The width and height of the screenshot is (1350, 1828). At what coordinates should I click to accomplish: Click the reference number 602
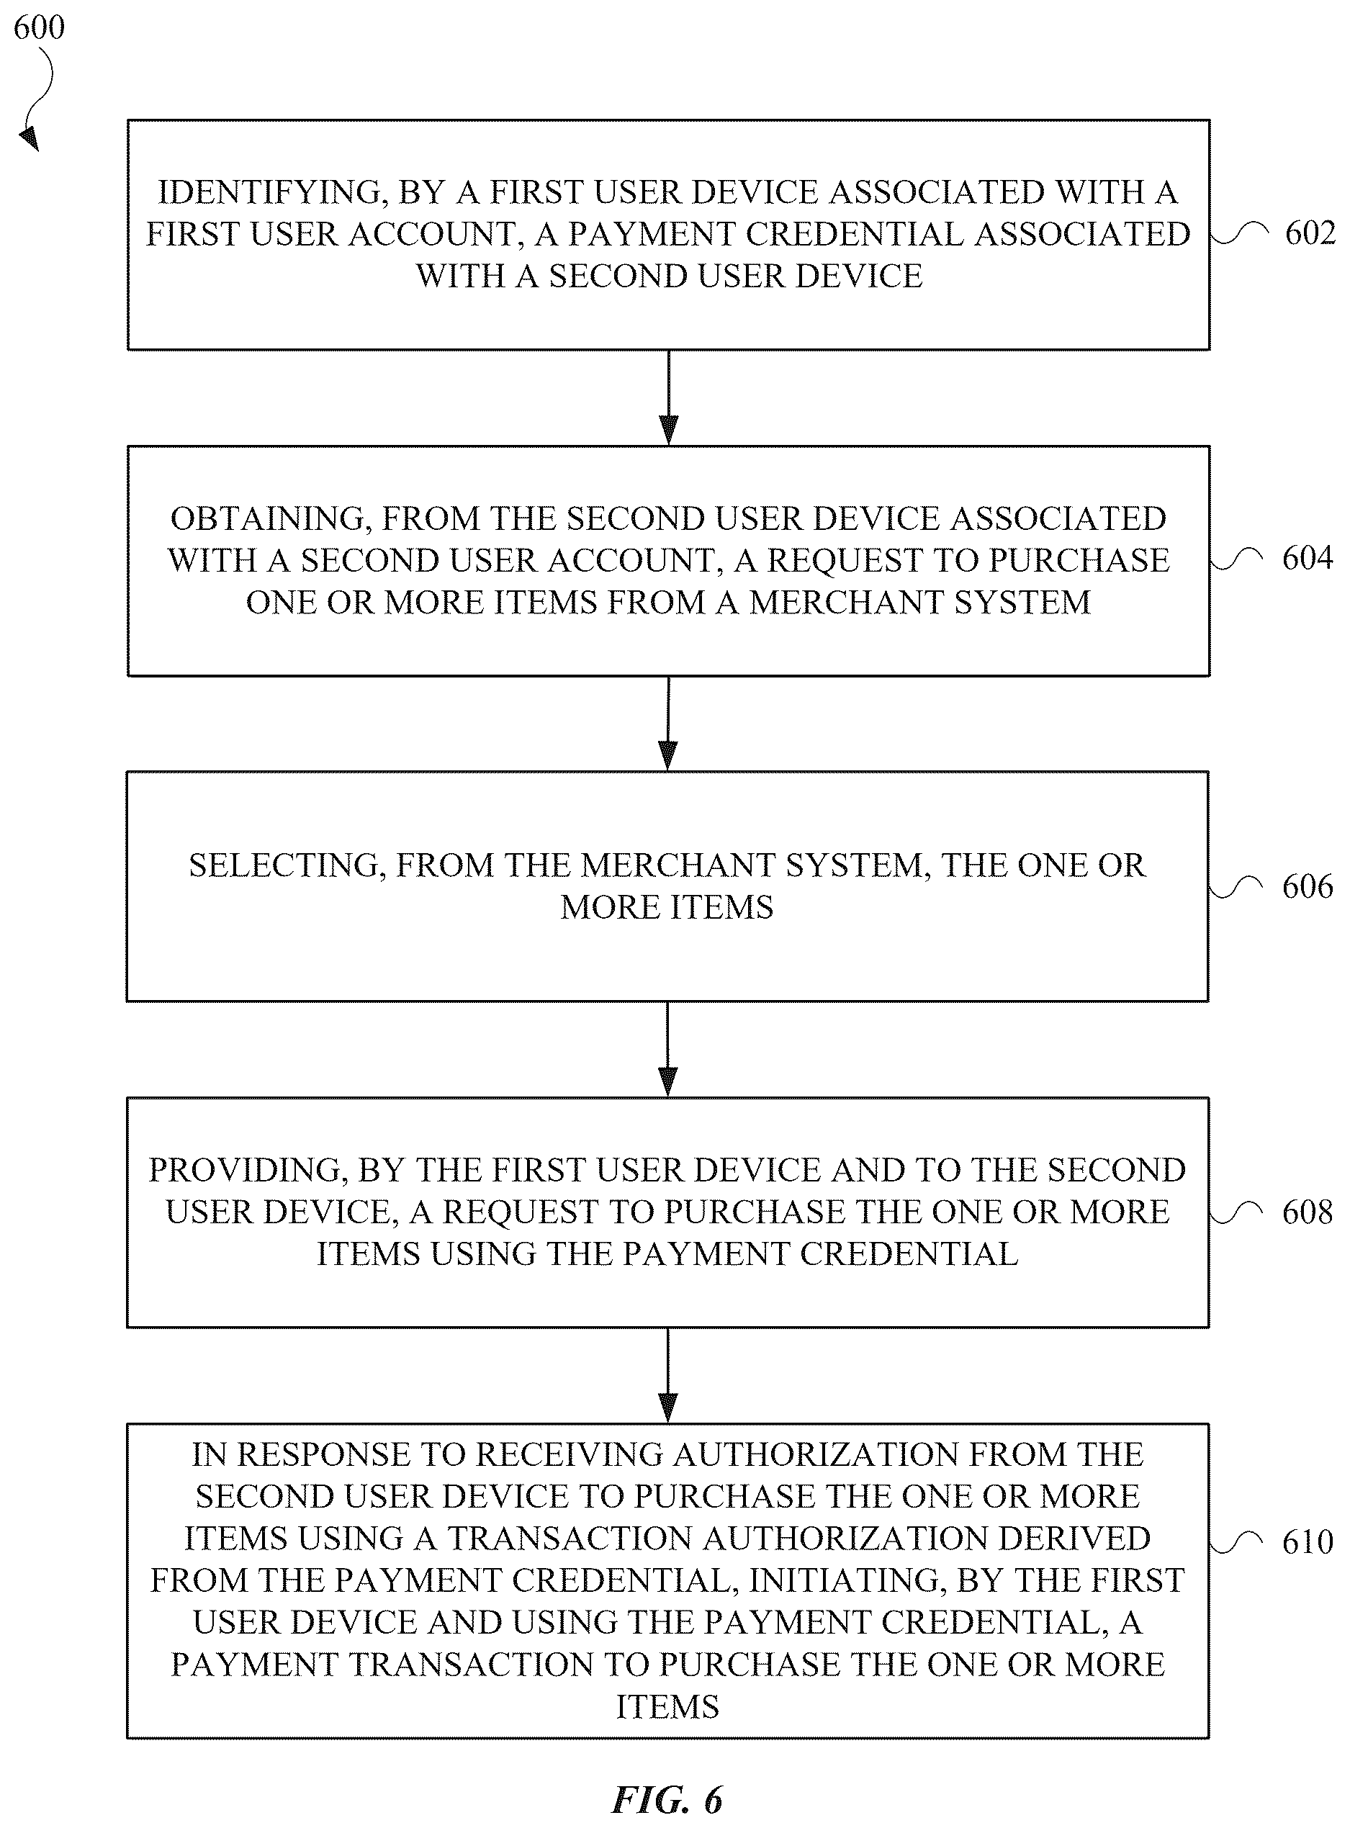pyautogui.click(x=1310, y=234)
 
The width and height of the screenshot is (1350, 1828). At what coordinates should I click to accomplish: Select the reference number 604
pyautogui.click(x=1308, y=558)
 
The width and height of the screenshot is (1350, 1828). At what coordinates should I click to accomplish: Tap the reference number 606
pyautogui.click(x=1308, y=886)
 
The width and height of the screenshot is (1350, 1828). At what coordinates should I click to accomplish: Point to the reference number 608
pyautogui.click(x=1308, y=1212)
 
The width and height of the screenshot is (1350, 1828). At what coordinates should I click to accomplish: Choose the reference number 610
pyautogui.click(x=1308, y=1542)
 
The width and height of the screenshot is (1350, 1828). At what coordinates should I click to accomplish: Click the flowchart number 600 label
pyautogui.click(x=39, y=28)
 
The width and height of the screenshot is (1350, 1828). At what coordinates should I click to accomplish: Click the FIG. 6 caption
pyautogui.click(x=667, y=1799)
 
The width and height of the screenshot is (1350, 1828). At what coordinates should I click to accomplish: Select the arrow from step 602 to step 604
pyautogui.click(x=668, y=398)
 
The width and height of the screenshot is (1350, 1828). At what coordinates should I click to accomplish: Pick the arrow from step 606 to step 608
pyautogui.click(x=668, y=1049)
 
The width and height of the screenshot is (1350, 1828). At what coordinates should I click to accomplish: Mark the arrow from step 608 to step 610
pyautogui.click(x=668, y=1375)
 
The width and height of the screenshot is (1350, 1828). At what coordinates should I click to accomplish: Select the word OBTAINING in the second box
pyautogui.click(x=271, y=519)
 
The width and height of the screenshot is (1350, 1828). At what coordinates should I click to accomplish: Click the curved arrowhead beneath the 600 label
pyautogui.click(x=30, y=139)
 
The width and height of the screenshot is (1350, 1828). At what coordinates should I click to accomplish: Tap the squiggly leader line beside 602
pyautogui.click(x=1239, y=235)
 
